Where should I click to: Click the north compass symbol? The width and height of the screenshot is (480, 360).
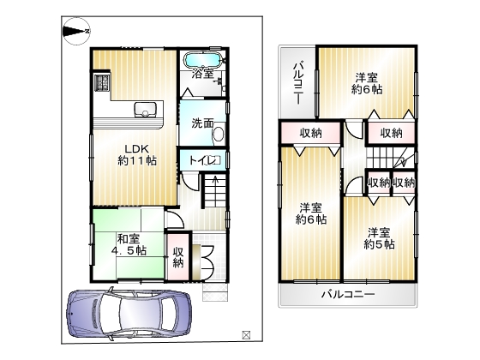click(x=76, y=31)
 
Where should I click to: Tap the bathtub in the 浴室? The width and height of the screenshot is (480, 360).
click(x=202, y=59)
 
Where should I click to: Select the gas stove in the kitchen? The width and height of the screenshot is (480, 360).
click(x=102, y=82)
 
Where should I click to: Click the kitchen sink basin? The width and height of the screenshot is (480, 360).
click(x=145, y=110)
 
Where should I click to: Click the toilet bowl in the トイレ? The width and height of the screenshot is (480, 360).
click(x=213, y=160)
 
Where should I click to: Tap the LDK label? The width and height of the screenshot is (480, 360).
click(x=136, y=149)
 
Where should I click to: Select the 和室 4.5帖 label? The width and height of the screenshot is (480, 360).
click(x=129, y=244)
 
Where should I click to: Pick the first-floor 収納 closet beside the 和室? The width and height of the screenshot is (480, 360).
click(x=178, y=257)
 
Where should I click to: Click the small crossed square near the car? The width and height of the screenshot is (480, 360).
click(x=246, y=334)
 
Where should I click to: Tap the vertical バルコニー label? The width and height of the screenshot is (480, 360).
click(x=298, y=83)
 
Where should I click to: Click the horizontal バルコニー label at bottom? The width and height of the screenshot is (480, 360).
click(x=348, y=295)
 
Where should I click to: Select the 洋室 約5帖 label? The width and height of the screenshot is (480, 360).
click(x=379, y=238)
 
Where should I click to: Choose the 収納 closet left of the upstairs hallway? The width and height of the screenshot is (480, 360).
click(x=310, y=133)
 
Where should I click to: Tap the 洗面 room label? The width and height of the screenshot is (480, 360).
click(x=202, y=123)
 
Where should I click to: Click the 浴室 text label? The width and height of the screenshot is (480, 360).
click(x=202, y=74)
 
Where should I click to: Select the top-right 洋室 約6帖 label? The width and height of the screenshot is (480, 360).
click(x=367, y=84)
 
